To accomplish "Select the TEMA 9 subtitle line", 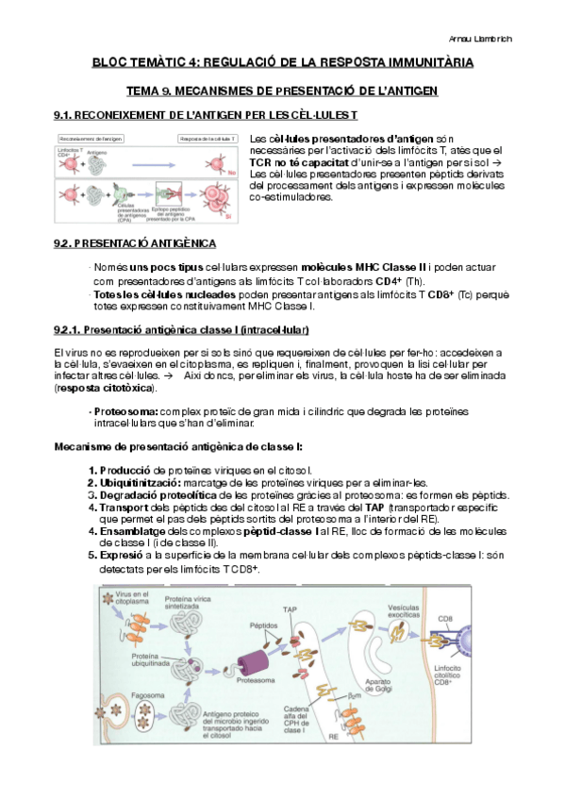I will pyautogui.click(x=282, y=91).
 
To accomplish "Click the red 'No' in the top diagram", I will pyautogui.click(x=230, y=173).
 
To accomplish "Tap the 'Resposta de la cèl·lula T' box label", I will pyautogui.click(x=208, y=139).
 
